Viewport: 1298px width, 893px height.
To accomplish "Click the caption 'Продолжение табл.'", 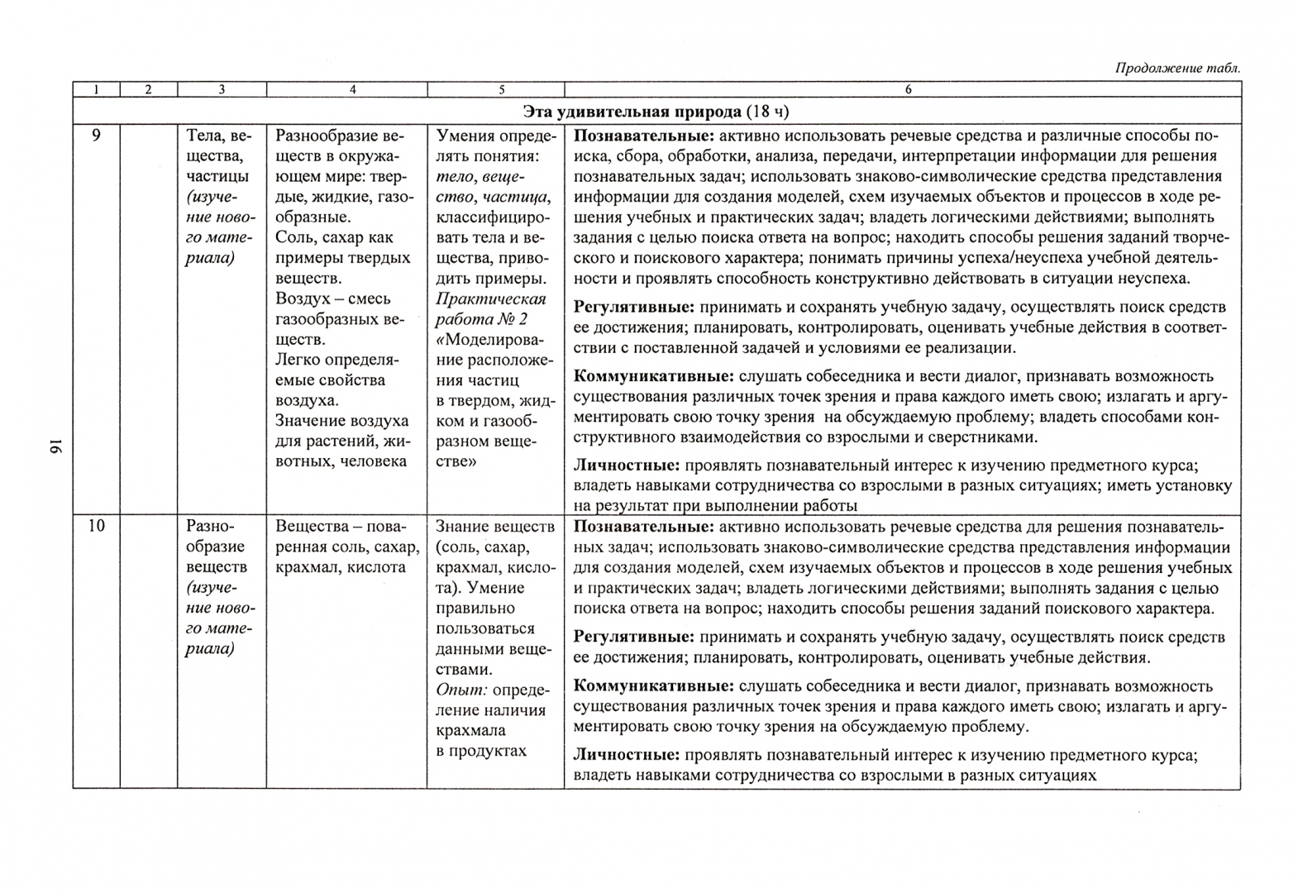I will [x=1177, y=69].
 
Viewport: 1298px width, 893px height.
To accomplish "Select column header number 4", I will [x=353, y=89].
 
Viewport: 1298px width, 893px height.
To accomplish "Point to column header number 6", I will [x=908, y=89].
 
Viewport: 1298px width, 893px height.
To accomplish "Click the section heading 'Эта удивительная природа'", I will [x=632, y=112].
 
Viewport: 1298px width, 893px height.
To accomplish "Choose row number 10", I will [x=96, y=526].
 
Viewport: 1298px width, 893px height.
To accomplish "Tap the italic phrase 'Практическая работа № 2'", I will [x=490, y=309].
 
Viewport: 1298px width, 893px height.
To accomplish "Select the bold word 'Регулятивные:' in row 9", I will [x=634, y=308].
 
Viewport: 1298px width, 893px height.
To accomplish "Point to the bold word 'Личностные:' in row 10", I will [x=627, y=755].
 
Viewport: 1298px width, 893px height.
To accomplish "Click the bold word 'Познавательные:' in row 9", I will [x=644, y=136].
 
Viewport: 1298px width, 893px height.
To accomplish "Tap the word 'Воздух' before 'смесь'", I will [x=298, y=298].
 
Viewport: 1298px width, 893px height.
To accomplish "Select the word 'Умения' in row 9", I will [x=464, y=136].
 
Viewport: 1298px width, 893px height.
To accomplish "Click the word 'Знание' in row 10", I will [x=463, y=527].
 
